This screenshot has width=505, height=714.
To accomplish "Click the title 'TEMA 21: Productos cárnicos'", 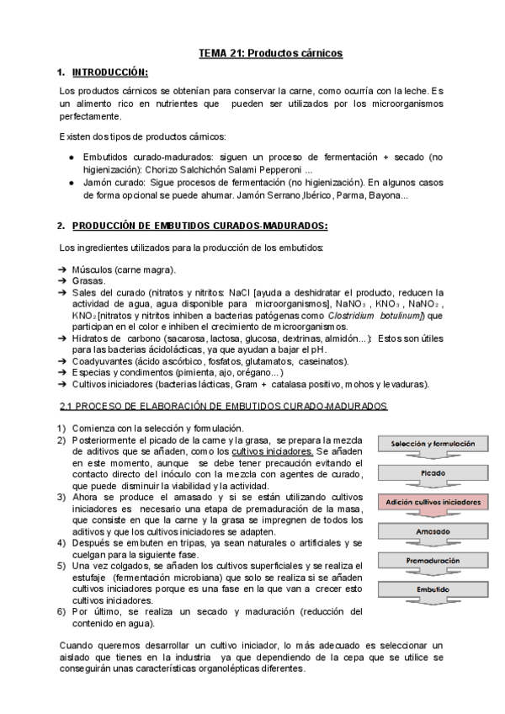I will tap(270, 53).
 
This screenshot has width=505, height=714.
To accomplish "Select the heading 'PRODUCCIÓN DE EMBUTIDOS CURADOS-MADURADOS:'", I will tap(200, 226).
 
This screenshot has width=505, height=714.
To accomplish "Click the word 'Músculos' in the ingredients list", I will tap(94, 269).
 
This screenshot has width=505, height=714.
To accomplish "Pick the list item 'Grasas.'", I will tap(89, 280).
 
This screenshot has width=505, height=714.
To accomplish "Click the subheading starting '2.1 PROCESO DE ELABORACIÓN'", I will tap(223, 406).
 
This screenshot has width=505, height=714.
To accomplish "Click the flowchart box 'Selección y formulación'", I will tap(432, 443).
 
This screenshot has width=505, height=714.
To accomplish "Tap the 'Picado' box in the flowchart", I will tap(432, 472).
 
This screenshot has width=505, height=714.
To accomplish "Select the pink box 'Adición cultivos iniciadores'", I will tap(432, 502).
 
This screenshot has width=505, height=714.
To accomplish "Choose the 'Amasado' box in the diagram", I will tap(432, 531).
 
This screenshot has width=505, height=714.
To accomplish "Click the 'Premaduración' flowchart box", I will tap(432, 560).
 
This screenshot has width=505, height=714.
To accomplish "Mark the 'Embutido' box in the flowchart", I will tap(432, 589).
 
